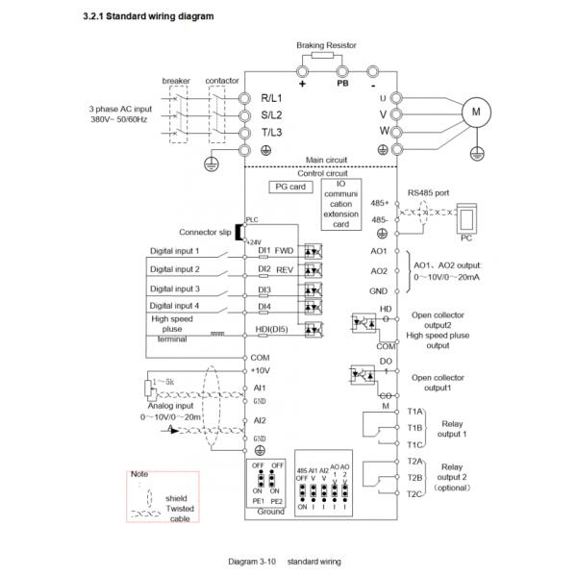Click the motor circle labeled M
click(x=474, y=113)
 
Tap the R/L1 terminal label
click(x=277, y=98)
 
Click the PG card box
click(x=289, y=187)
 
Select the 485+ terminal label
click(x=381, y=204)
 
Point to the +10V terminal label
click(x=261, y=370)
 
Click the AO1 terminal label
click(x=379, y=248)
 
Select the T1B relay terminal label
click(x=414, y=427)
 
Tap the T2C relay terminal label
click(x=414, y=492)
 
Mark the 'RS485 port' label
click(x=428, y=192)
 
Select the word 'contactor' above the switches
click(x=222, y=80)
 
